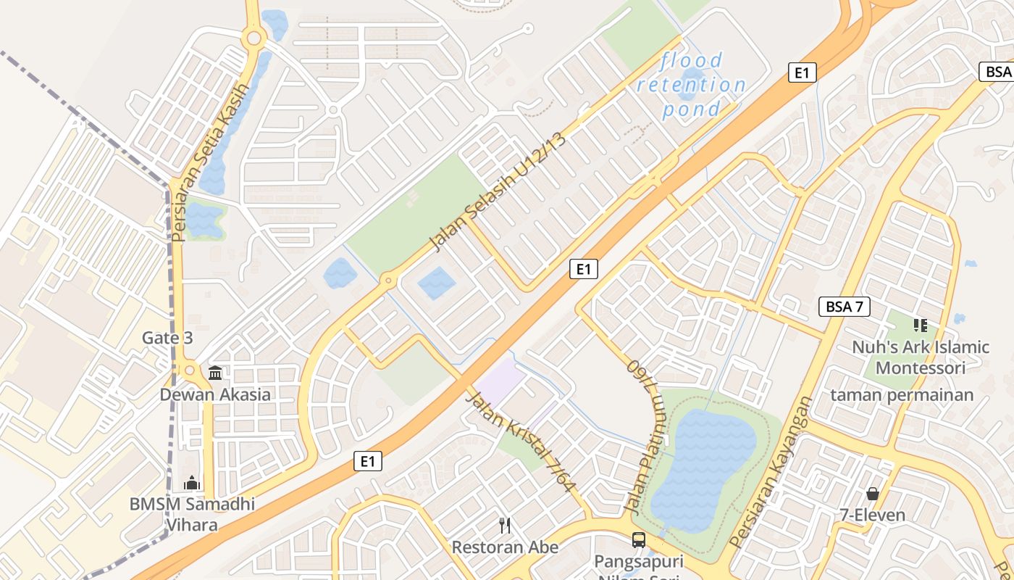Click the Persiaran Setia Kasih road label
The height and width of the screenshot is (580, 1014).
point(209,162)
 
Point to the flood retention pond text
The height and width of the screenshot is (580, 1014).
point(692,85)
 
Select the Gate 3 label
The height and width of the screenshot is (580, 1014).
point(167,338)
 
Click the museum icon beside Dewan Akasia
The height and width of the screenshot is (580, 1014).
point(215,373)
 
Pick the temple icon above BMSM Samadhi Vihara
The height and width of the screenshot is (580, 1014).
point(192,482)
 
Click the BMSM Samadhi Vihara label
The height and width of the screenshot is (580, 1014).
point(192,513)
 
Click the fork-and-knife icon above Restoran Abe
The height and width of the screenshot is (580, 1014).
point(505,525)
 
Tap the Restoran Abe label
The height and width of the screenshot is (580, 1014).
point(505,547)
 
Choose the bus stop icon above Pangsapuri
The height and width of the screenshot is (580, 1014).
point(638,539)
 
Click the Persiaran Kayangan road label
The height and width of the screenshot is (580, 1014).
point(771,471)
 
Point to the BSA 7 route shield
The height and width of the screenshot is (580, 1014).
point(844,307)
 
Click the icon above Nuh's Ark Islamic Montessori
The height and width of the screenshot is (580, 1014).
point(920,326)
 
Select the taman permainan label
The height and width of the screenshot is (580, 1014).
point(902,395)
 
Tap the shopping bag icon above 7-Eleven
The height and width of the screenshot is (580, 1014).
point(872,494)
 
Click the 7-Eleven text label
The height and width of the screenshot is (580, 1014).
point(872,515)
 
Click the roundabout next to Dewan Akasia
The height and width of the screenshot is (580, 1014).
point(190,370)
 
